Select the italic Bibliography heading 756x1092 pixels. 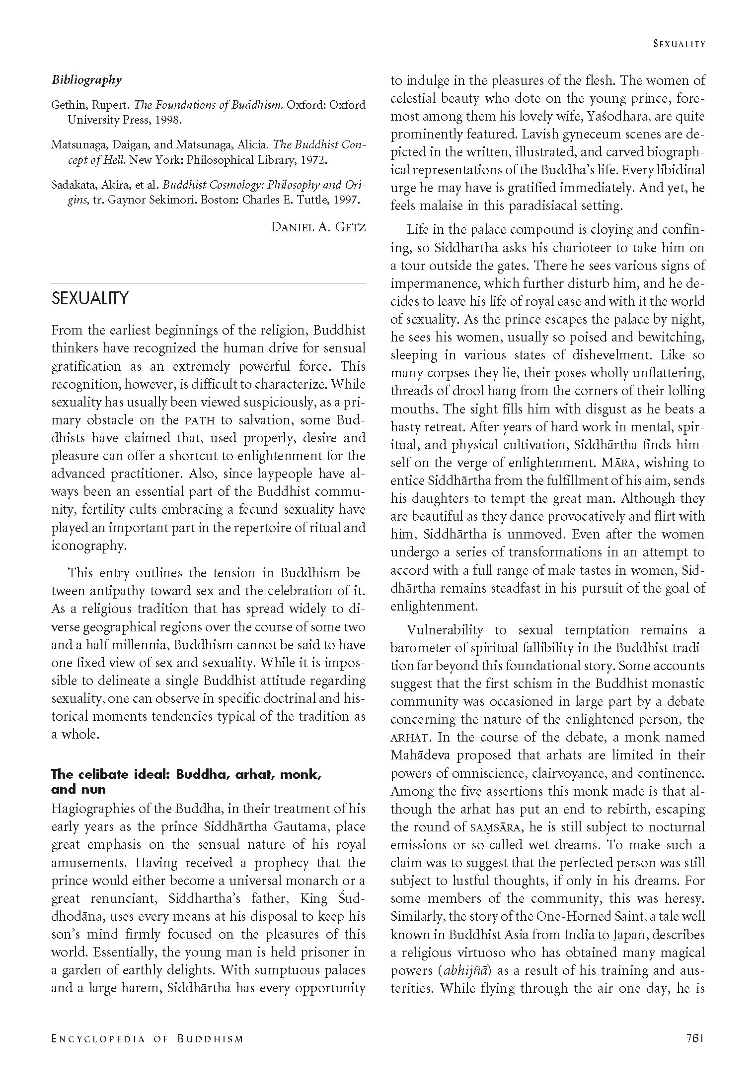pos(86,80)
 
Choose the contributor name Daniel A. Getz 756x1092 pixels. pos(318,227)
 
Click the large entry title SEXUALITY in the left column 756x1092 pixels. pos(90,298)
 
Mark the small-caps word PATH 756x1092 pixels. pos(199,421)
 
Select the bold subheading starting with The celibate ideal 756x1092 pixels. pos(186,775)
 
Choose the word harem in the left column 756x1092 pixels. pos(141,988)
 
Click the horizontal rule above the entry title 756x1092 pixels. pos(208,283)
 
